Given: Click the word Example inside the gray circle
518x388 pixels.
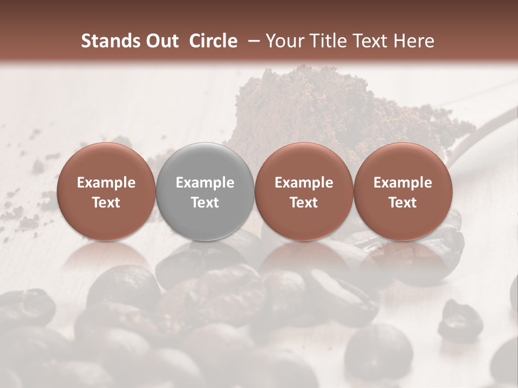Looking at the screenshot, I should click(205, 183).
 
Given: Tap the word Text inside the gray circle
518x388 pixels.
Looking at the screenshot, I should click(205, 203).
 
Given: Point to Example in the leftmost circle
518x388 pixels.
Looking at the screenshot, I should click(106, 183).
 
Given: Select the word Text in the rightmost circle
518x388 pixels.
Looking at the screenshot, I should click(403, 203).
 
